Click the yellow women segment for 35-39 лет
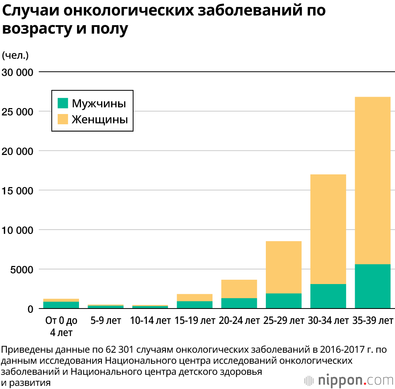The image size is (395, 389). (x=372, y=180)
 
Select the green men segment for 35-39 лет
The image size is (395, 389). (x=372, y=286)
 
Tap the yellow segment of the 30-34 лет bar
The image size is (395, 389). (x=328, y=229)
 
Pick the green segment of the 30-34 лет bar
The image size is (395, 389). (x=328, y=296)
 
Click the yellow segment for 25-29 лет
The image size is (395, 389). (x=284, y=267)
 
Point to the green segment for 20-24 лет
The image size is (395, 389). (x=239, y=303)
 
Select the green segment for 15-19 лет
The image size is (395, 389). (x=194, y=305)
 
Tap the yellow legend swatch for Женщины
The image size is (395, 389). (x=63, y=119)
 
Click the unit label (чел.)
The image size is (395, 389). (x=15, y=56)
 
